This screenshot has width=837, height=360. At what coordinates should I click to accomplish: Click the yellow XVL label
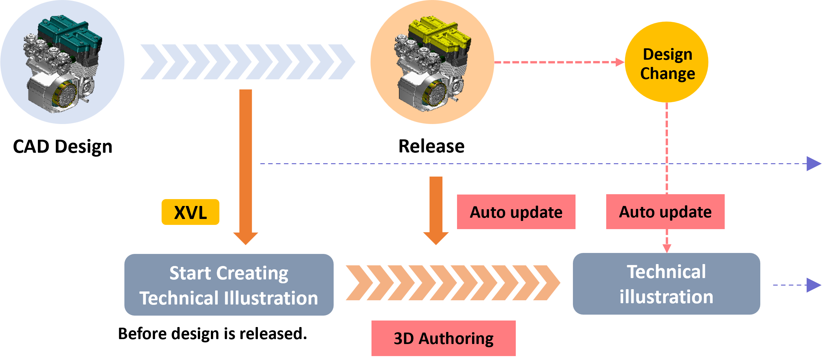pyautogui.click(x=190, y=212)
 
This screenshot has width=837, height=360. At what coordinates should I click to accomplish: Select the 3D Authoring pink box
pyautogui.click(x=443, y=338)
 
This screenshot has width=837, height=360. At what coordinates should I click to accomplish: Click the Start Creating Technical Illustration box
pyautogui.click(x=229, y=285)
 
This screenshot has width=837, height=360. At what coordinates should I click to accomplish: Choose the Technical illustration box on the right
pyautogui.click(x=666, y=284)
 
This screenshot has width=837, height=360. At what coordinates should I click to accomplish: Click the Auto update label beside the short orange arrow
pyautogui.click(x=516, y=212)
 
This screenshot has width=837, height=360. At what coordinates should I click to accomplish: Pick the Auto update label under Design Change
pyautogui.click(x=665, y=212)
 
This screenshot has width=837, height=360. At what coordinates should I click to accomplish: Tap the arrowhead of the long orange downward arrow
pyautogui.click(x=245, y=238)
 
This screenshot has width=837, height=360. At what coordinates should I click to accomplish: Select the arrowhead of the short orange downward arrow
pyautogui.click(x=436, y=238)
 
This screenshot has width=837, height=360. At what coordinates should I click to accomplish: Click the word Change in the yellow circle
pyautogui.click(x=667, y=73)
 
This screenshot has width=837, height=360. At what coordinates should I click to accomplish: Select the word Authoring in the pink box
pyautogui.click(x=456, y=338)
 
